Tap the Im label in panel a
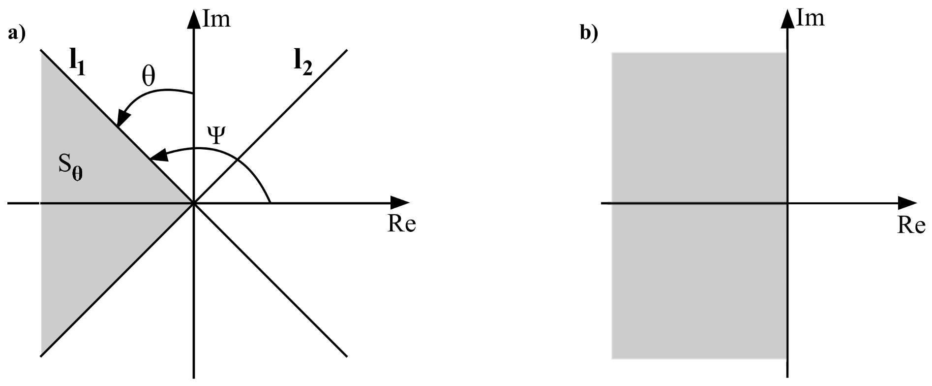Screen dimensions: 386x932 [x=216, y=20]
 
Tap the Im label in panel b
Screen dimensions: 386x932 [x=810, y=18]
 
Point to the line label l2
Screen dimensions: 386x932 [x=302, y=64]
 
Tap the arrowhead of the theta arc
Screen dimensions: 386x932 [x=121, y=120]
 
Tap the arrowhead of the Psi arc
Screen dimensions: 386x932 [x=158, y=156]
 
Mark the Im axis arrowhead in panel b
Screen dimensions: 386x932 [x=788, y=17]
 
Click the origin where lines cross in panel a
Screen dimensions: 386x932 [x=194, y=202]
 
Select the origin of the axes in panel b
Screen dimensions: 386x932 [x=788, y=202]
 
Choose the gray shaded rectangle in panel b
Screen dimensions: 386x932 [x=698, y=276]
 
